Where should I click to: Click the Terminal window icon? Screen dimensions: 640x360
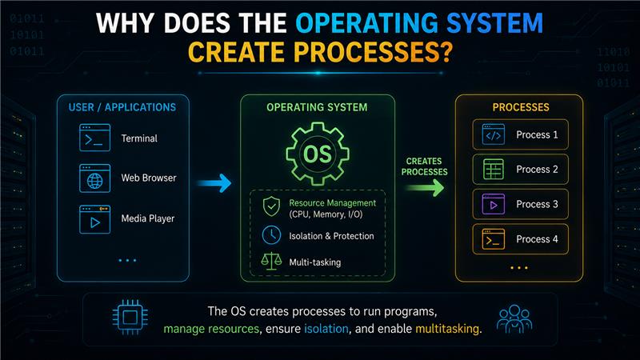point(94,138)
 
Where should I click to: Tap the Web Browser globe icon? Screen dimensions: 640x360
point(94,178)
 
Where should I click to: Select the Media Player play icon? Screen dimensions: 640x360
point(94,219)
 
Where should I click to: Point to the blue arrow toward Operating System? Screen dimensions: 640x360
point(214,183)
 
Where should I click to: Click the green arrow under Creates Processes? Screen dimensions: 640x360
point(426,188)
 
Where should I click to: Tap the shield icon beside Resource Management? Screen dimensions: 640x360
point(271,206)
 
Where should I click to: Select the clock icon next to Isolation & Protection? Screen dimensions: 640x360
point(271,235)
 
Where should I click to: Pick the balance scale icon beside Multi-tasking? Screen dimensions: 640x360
point(271,261)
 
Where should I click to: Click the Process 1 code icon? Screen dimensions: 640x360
point(494,134)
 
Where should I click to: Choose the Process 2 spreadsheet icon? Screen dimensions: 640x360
point(494,169)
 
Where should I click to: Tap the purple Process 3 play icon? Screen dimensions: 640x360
point(494,204)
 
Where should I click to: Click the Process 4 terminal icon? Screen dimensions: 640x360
point(494,238)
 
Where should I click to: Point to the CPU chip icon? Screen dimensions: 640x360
point(130,317)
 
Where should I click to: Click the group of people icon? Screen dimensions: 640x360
point(514,318)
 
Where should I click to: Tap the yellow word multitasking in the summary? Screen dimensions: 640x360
point(447,329)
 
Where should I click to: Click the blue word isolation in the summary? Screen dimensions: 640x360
point(326,329)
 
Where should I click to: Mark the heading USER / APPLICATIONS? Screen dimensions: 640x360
point(122,107)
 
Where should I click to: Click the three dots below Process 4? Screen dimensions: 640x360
point(519,268)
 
